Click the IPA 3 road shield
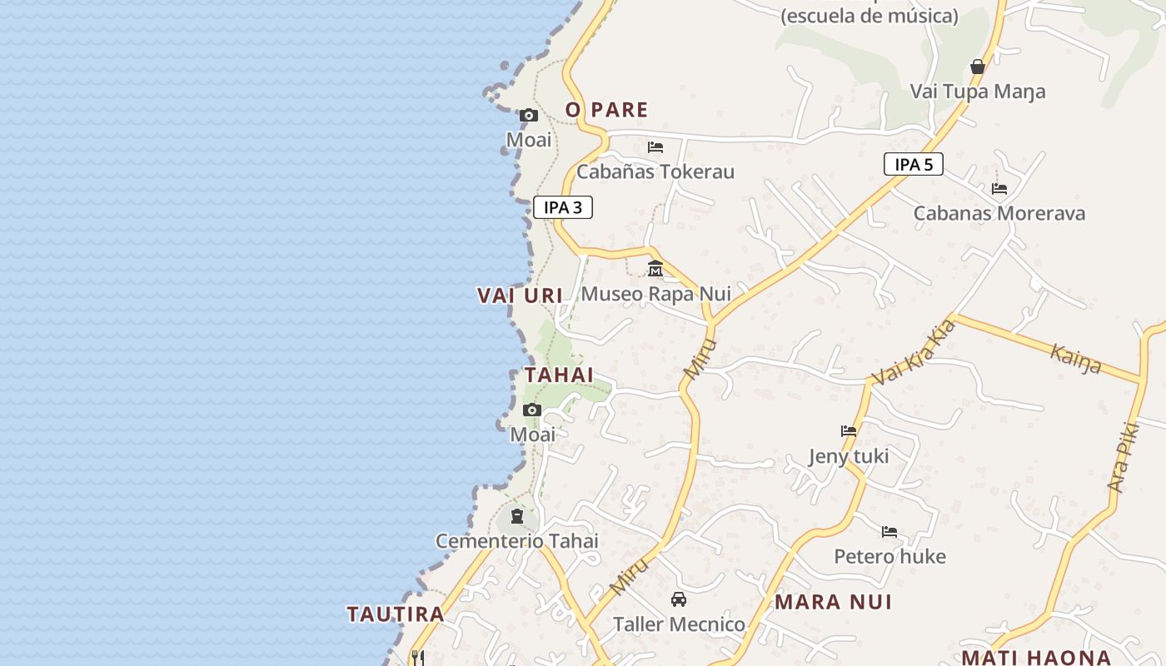(563, 207)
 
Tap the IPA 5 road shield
(914, 164)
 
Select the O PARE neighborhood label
(606, 109)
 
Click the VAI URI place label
(520, 295)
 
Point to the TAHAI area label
(559, 375)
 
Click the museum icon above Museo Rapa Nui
(655, 269)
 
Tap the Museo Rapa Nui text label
(655, 294)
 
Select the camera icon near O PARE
(529, 116)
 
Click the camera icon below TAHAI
(532, 410)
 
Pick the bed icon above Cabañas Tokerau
(655, 147)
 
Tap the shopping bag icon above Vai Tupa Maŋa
(978, 67)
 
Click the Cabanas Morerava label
(999, 213)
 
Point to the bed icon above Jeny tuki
(849, 431)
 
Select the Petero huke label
(889, 556)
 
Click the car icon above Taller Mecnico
(679, 599)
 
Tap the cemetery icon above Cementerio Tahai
(517, 517)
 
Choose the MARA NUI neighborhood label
(833, 602)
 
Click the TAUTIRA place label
(396, 614)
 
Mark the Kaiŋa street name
(1075, 359)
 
